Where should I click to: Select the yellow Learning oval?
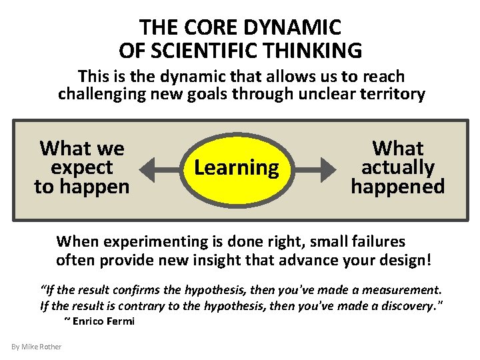[x=237, y=168]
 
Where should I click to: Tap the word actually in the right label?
[x=397, y=167]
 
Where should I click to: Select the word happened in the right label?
[x=397, y=187]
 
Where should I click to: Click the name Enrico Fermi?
[x=103, y=321]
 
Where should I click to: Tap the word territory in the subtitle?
[x=392, y=94]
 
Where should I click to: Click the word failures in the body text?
[x=381, y=241]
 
